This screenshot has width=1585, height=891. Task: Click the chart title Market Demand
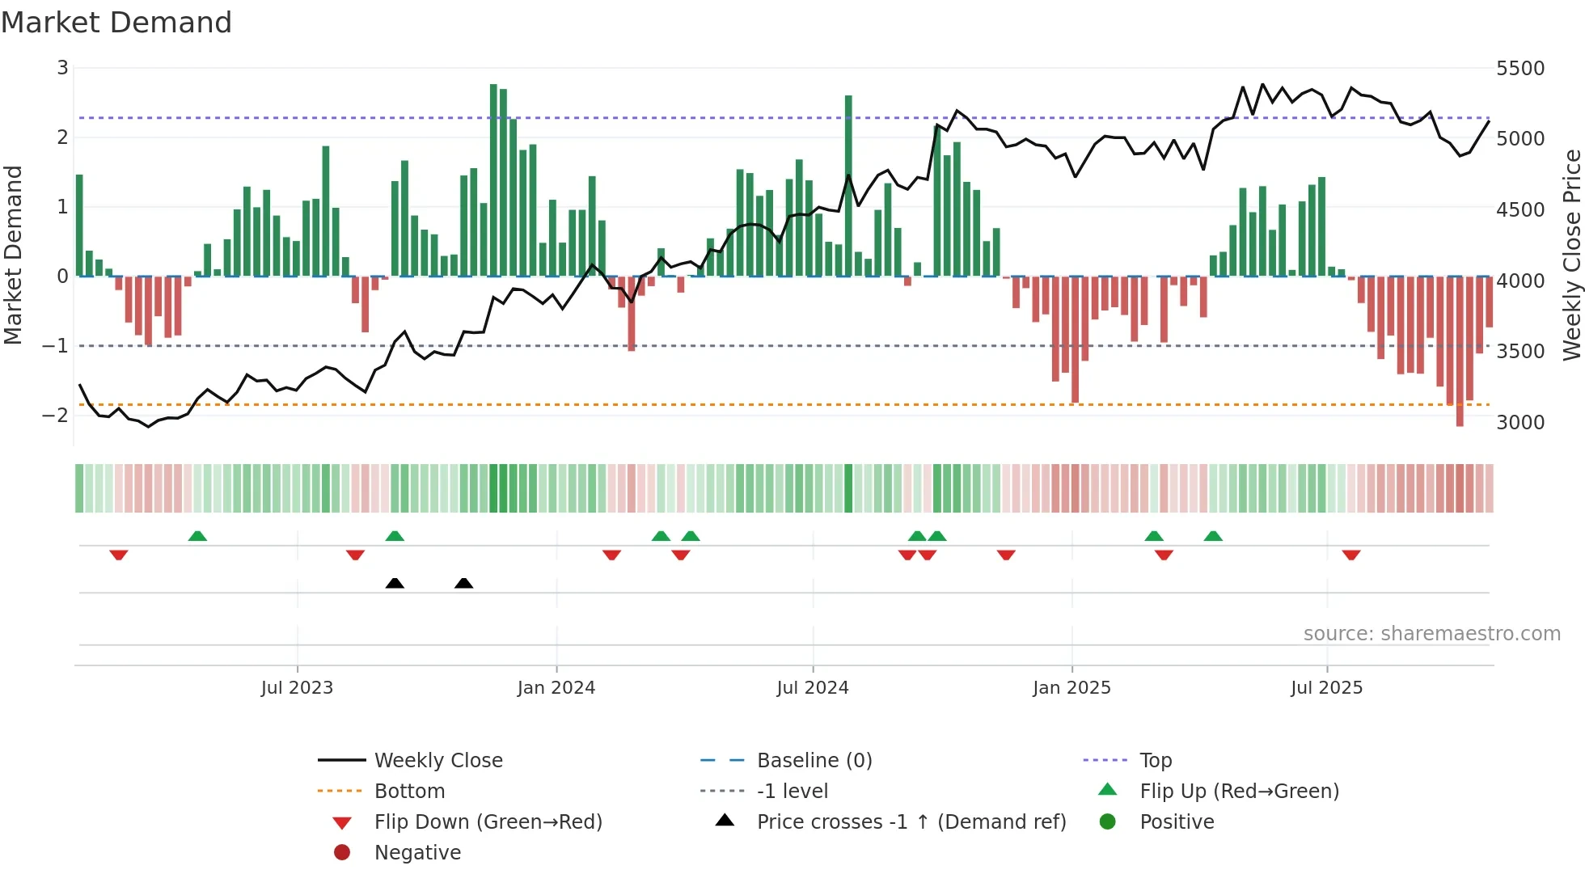116,23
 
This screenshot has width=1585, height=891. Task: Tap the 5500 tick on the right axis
1519,69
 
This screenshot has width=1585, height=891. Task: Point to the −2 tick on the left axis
56,416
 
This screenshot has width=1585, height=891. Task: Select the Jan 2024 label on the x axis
556,688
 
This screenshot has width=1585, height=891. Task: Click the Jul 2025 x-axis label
1326,688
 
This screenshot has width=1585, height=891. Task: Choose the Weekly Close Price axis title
1570,255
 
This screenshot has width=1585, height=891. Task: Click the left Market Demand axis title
14,255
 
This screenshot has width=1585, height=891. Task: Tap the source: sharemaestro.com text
1431,634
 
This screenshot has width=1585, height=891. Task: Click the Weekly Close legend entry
437,761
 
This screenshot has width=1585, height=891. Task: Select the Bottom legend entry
409,792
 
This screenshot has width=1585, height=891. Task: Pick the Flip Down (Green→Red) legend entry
488,822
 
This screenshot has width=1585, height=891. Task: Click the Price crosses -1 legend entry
911,822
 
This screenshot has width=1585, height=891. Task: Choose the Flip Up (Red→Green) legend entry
1239,792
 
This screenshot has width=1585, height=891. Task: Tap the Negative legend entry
417,853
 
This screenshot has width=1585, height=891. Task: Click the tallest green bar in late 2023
493,179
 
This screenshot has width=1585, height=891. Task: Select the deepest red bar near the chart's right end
1460,352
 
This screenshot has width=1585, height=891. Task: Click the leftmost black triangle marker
395,584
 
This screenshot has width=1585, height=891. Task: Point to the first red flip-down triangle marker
119,555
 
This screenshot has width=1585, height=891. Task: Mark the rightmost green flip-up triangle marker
1213,536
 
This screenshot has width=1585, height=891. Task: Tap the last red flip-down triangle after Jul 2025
1351,555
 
